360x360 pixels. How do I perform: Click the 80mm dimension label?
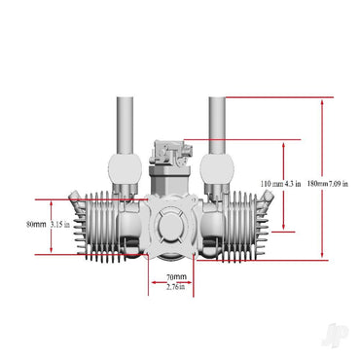click(36, 224)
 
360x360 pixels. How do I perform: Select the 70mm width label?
click(177, 277)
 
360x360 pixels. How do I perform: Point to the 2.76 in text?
click(177, 287)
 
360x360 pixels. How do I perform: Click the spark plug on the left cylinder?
click(74, 206)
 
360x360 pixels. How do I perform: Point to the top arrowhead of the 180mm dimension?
click(321, 100)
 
